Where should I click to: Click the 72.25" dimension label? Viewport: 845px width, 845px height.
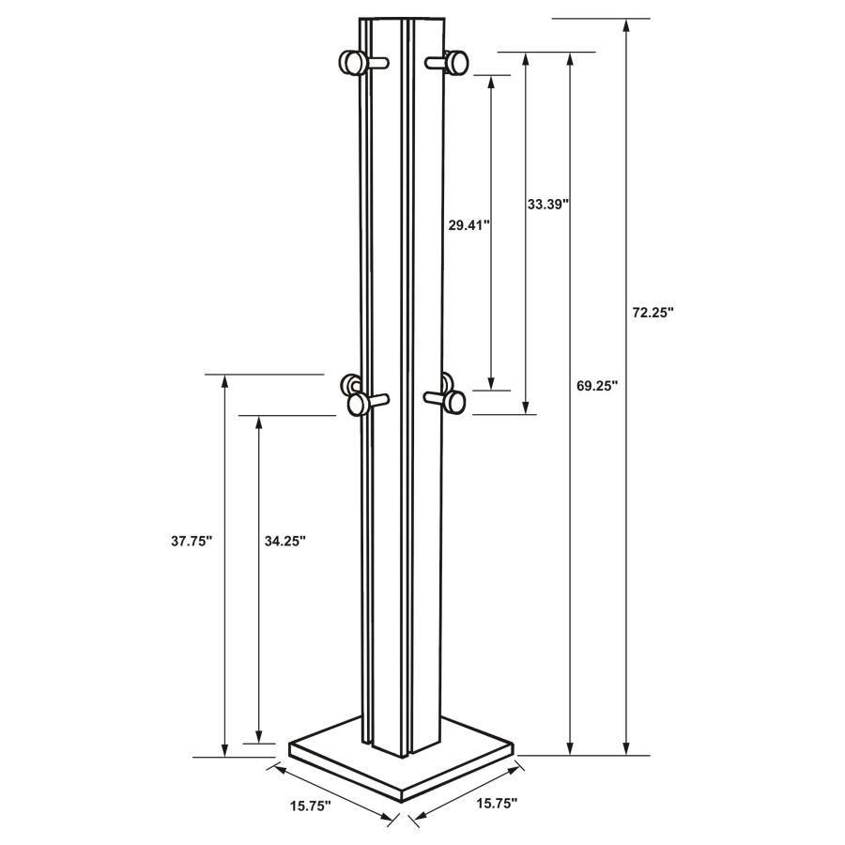coord(653,314)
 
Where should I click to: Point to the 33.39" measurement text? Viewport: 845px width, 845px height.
coord(548,203)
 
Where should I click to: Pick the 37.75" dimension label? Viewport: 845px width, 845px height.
coord(192,541)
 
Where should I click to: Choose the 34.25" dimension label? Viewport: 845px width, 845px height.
coord(284,541)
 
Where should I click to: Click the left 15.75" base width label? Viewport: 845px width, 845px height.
coord(309,806)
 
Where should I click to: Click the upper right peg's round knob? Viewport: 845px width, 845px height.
coord(457,62)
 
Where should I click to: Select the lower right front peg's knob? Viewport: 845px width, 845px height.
coord(455,402)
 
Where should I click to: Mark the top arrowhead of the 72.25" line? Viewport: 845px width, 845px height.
coord(626,25)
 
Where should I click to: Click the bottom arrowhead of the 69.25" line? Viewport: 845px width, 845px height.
coord(570,747)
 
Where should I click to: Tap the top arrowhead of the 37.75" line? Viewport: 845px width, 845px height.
coord(224,381)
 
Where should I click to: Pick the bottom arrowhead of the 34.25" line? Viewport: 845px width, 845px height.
coord(259,735)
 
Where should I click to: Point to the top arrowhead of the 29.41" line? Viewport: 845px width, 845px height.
coord(490,81)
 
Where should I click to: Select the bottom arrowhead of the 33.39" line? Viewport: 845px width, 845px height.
coord(526,407)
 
